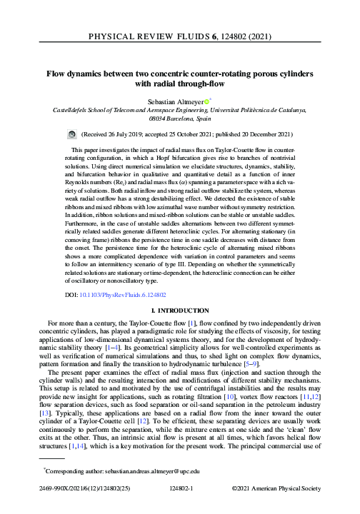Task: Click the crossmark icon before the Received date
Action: [72, 133]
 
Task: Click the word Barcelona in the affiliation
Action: [169, 121]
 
